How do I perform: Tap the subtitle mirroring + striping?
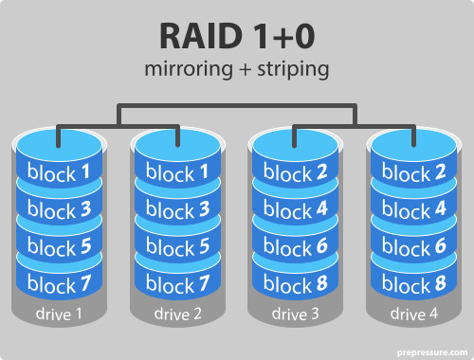click(x=236, y=69)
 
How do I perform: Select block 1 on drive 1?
click(x=58, y=173)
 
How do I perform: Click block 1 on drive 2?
click(x=177, y=173)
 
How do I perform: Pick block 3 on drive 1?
click(x=58, y=209)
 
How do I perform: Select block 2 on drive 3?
click(x=295, y=173)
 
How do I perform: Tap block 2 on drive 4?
click(x=413, y=173)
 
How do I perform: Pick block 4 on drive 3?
click(x=295, y=209)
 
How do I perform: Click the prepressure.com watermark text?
click(x=427, y=348)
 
